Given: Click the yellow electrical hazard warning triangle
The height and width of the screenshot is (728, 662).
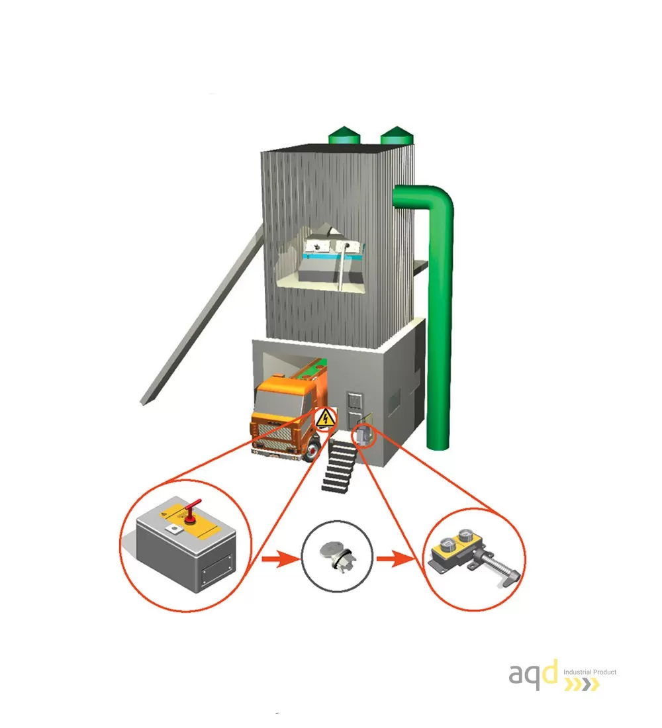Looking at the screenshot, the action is coord(325,419).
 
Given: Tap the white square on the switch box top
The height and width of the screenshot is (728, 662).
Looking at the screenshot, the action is coord(175,529).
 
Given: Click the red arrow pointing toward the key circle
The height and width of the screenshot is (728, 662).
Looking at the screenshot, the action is coord(280,559).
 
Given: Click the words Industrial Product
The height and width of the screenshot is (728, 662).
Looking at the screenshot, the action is coord(590,672).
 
